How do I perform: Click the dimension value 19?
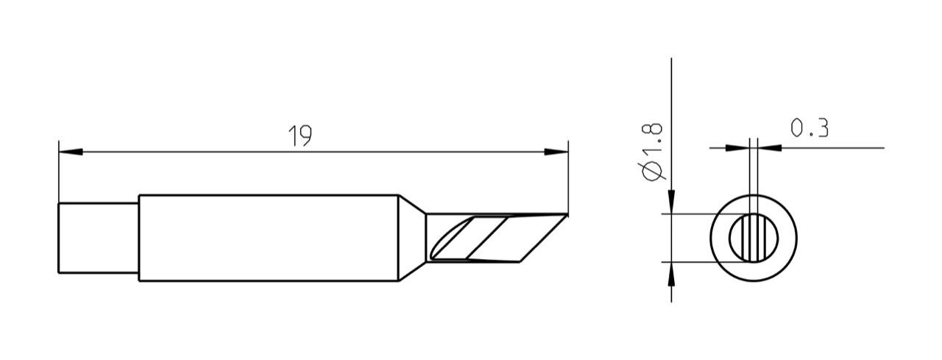point(300,135)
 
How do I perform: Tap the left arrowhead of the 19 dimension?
point(69,152)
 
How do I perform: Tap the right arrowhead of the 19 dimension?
point(556,152)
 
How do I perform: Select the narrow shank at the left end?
point(98,238)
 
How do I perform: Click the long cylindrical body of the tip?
point(268,238)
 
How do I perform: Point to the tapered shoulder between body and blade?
point(411,238)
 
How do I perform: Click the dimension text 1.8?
point(654,139)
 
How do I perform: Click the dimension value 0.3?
point(810,129)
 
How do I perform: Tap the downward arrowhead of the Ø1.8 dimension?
point(672,200)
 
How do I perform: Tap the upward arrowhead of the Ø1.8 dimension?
point(672,275)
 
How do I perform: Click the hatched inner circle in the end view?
point(754,238)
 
